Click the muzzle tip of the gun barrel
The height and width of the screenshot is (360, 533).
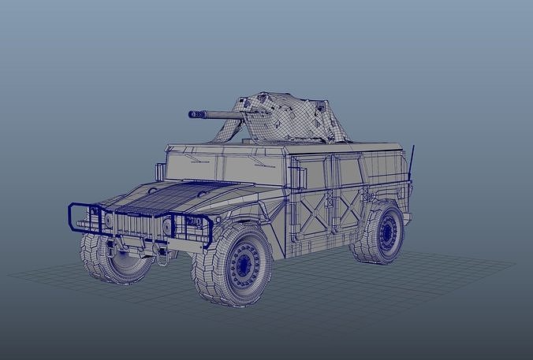click(192, 114)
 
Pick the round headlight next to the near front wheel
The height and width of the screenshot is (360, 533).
click(167, 227)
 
